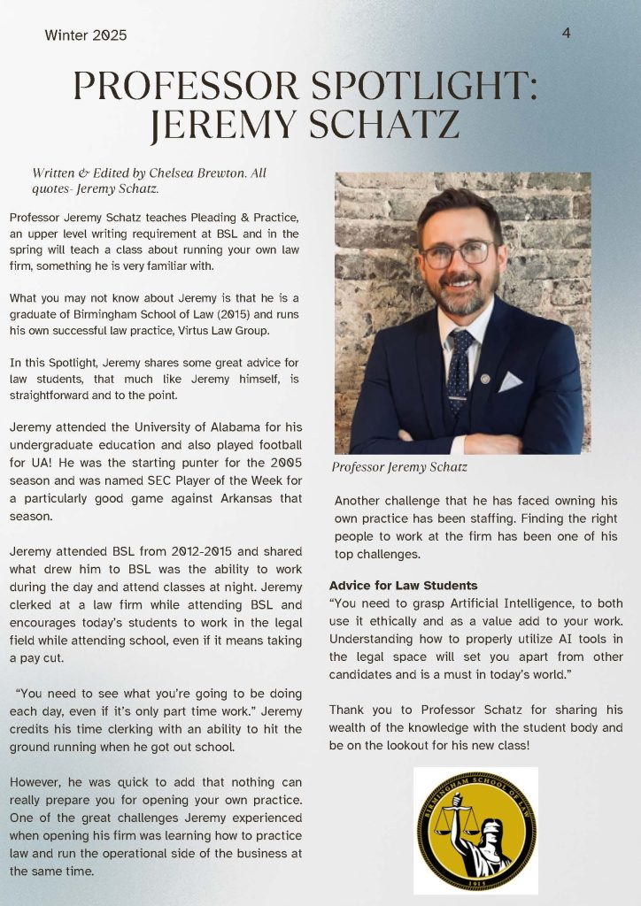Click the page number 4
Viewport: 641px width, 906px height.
(566, 33)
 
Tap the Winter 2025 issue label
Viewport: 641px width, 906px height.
(86, 35)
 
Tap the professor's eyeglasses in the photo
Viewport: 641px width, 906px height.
(456, 253)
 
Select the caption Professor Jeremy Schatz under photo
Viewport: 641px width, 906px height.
(399, 466)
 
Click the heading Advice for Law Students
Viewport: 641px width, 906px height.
(403, 586)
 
